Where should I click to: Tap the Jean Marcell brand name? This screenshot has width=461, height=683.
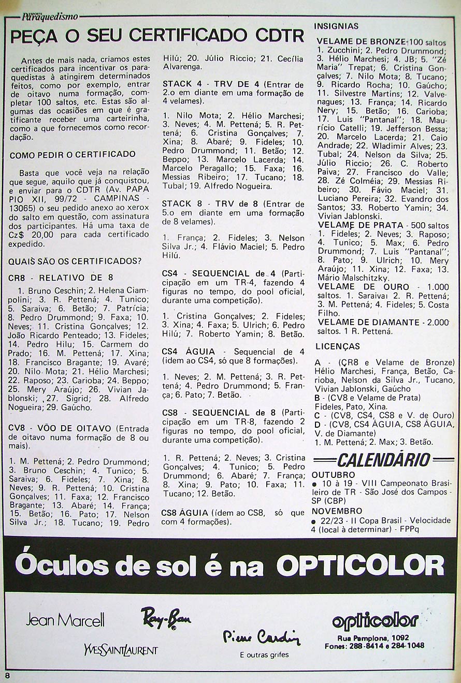[65, 619]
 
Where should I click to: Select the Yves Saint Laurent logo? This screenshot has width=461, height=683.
[120, 649]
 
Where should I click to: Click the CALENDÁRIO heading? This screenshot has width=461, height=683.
[383, 459]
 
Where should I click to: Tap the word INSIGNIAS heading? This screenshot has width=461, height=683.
[337, 26]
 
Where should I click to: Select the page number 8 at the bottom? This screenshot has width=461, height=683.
[7, 675]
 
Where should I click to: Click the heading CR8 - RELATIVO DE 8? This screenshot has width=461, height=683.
[61, 278]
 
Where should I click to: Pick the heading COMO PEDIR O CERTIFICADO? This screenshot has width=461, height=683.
[73, 154]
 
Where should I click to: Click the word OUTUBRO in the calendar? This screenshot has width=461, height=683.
[334, 475]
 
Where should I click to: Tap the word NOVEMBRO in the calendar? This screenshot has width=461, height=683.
[337, 511]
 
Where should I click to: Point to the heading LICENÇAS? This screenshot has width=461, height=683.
[337, 346]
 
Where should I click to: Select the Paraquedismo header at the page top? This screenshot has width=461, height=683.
[50, 17]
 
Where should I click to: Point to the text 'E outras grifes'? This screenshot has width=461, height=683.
[264, 655]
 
